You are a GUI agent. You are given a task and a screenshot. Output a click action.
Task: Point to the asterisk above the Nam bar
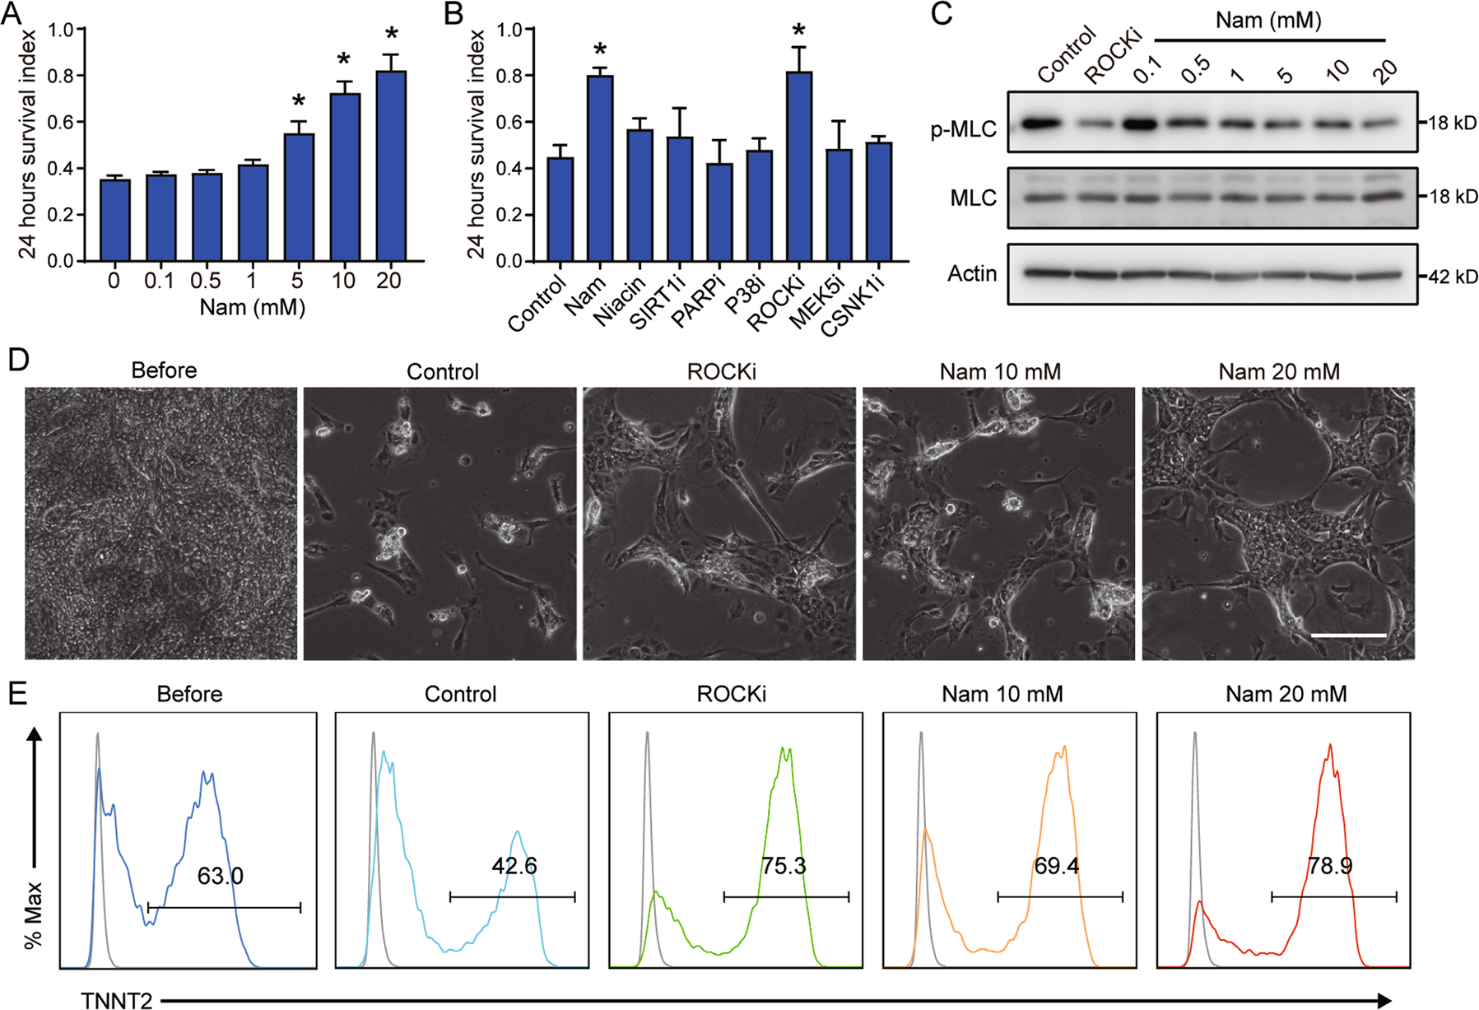599,51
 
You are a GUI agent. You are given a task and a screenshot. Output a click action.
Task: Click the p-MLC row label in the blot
963,129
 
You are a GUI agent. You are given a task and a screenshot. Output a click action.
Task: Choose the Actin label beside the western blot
972,273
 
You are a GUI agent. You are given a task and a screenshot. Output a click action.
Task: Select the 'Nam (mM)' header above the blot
1267,20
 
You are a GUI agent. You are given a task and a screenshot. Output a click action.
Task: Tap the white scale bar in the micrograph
1348,635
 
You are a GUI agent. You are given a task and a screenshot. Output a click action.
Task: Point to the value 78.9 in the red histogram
1330,866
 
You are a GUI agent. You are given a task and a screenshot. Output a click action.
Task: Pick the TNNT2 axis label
117,1000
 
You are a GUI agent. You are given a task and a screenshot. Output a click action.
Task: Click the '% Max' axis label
34,915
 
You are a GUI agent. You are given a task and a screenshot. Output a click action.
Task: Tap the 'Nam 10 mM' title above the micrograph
1000,372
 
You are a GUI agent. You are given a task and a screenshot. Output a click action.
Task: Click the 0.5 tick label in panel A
206,281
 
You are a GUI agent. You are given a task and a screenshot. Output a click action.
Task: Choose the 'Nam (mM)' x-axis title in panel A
252,308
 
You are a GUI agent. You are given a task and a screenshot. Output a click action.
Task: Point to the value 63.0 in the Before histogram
220,876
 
